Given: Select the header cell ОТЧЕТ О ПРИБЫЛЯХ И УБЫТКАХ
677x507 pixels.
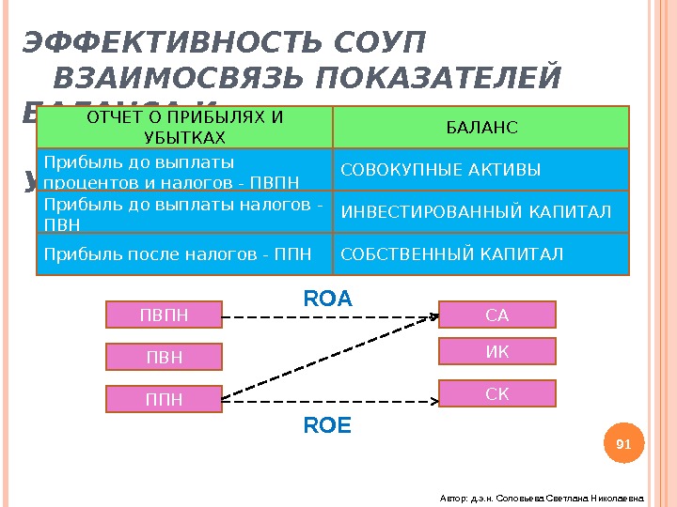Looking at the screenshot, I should point(184,128).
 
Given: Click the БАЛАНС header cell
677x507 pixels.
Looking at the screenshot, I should point(481,128).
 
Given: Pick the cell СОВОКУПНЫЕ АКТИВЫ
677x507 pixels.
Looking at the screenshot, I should point(481,169).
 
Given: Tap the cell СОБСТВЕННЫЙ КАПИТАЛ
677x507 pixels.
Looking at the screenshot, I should point(481,253).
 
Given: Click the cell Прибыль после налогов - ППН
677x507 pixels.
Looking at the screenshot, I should point(184,253).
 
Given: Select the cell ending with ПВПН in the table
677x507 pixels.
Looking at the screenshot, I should point(184,169).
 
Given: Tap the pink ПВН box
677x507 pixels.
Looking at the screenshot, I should point(164,358).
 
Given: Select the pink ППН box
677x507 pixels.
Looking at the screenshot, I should point(164,401).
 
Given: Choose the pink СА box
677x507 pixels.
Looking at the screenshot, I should point(497,315).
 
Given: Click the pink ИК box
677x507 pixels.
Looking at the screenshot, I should point(497,351).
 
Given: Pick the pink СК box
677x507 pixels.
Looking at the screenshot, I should point(497,393).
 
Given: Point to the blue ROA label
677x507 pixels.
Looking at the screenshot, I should point(327,299).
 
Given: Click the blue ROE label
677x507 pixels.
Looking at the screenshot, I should point(327,426).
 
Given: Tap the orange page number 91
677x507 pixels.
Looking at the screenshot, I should point(622,443).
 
